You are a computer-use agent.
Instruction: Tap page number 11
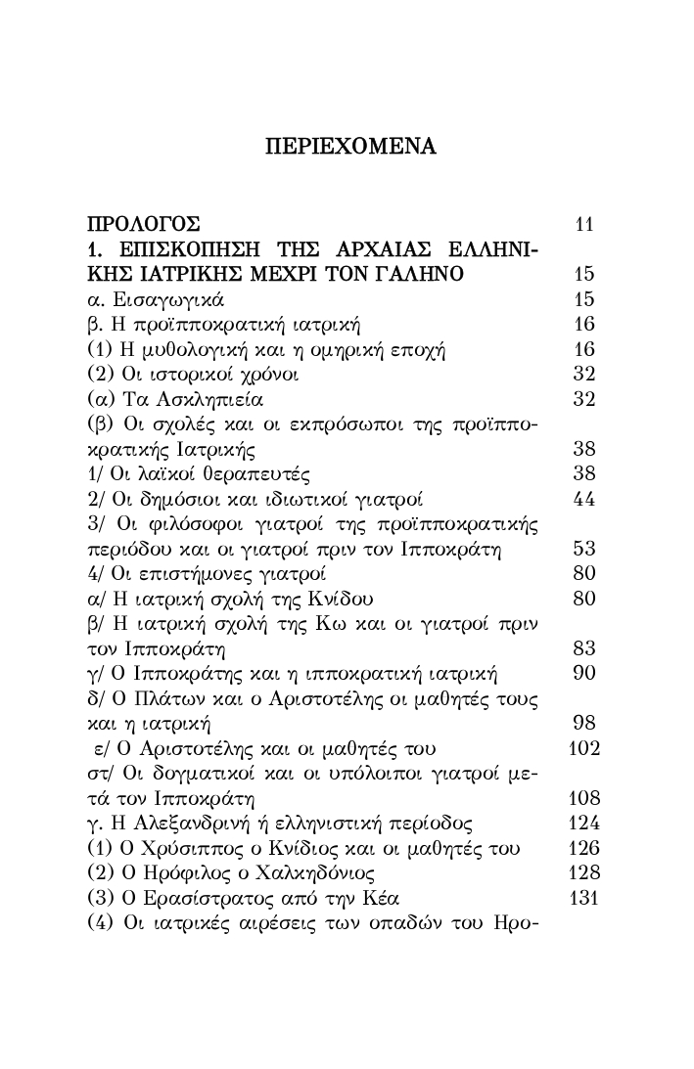point(585,224)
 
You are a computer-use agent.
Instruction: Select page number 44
point(584,499)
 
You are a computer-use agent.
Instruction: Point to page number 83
point(584,648)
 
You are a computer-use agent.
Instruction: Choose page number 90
point(584,674)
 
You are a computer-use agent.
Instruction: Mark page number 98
point(584,724)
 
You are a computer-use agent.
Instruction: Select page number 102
point(582,749)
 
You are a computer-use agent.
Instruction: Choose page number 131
point(582,898)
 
